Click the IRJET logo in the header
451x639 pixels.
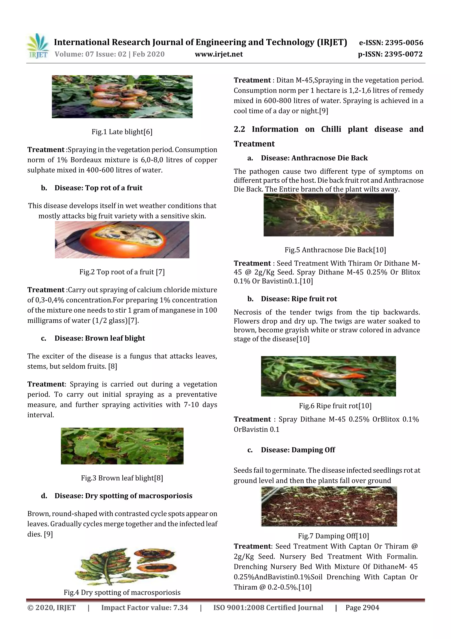coord(37,46)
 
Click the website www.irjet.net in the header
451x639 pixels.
coord(219,54)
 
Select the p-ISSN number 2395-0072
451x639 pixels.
coord(403,54)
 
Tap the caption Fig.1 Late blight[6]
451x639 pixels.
coord(122,132)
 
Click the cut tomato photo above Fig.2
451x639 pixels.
coord(122,240)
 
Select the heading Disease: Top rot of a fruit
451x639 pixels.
coord(98,188)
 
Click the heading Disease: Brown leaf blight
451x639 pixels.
coord(100,338)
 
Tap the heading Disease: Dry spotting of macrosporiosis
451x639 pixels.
coord(123,496)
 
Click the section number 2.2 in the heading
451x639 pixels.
coord(239,129)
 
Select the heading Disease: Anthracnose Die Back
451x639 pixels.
coord(314,158)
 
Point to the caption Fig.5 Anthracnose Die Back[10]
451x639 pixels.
coord(335,250)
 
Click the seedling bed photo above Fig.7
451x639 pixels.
coord(329,506)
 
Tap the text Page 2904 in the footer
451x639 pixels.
coord(362,607)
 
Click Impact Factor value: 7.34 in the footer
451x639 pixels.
coord(144,607)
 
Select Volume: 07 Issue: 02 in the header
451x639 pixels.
coord(90,54)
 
